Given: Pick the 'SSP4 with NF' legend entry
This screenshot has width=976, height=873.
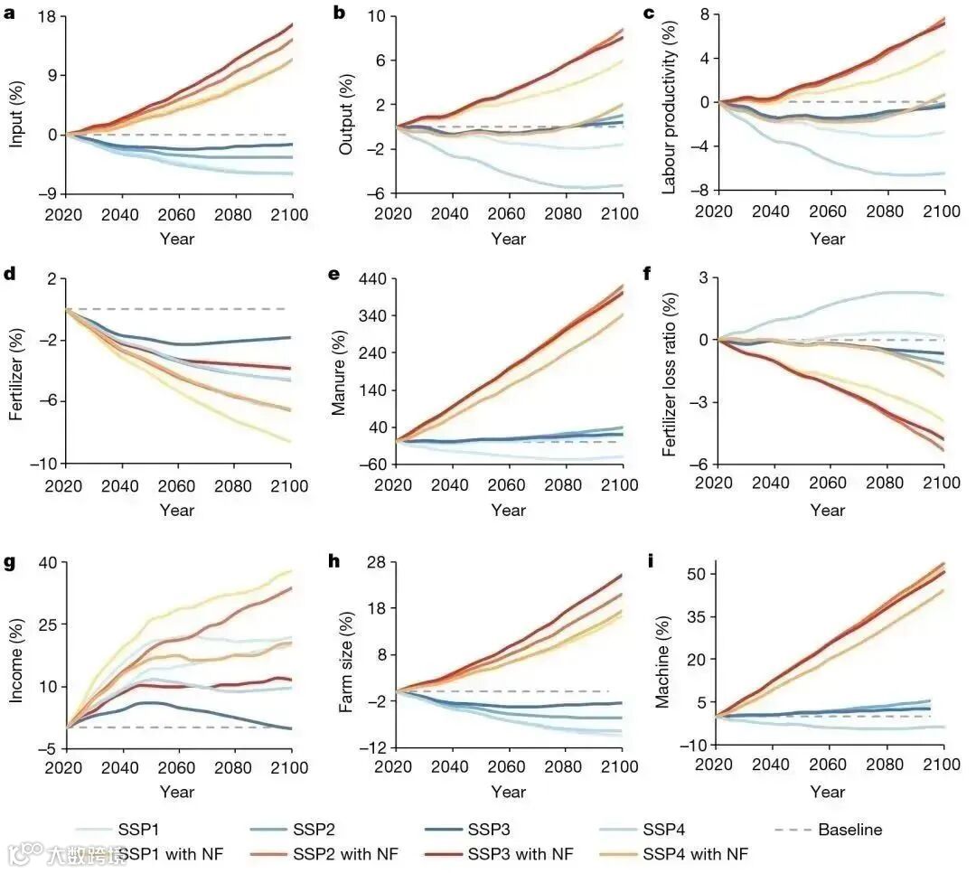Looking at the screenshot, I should tap(695, 853).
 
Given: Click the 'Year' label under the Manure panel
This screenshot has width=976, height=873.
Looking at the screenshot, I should tap(508, 510).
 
